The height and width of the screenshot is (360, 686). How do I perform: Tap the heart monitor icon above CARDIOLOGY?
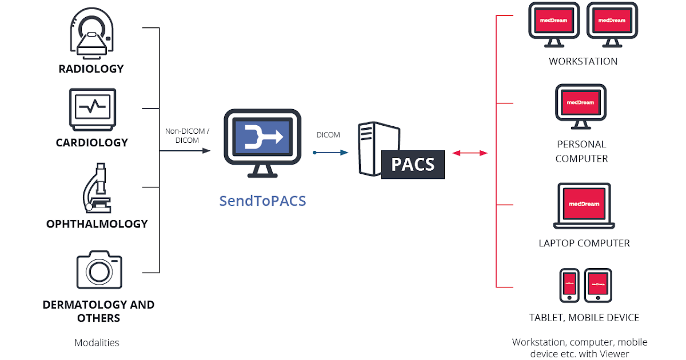pyautogui.click(x=93, y=109)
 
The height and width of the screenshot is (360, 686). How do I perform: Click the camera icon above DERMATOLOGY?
pyautogui.click(x=99, y=269)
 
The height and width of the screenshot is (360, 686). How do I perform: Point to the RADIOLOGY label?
pyautogui.click(x=91, y=69)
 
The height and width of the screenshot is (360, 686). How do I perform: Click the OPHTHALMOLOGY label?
pyautogui.click(x=97, y=224)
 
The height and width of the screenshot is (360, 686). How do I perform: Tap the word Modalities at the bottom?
pyautogui.click(x=97, y=343)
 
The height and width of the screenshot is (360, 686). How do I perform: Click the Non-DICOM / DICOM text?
pyautogui.click(x=188, y=135)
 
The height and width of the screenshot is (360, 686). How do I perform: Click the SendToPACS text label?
pyautogui.click(x=262, y=201)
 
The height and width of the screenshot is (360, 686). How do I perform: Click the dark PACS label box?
pyautogui.click(x=413, y=165)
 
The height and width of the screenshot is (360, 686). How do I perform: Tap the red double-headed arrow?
pyautogui.click(x=469, y=153)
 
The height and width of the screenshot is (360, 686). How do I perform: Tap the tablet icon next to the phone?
pyautogui.click(x=598, y=285)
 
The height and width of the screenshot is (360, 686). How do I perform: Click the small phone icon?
pyautogui.click(x=569, y=285)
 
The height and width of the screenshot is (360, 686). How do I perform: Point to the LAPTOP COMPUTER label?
pyautogui.click(x=584, y=243)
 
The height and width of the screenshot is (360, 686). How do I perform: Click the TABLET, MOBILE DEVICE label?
pyautogui.click(x=584, y=318)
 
